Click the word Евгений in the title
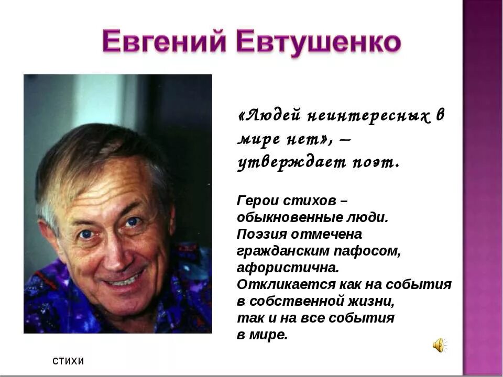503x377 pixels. click(x=163, y=42)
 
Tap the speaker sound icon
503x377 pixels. click(x=438, y=345)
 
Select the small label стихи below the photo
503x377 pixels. click(x=68, y=361)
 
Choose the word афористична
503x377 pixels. click(x=288, y=268)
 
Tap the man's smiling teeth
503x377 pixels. click(x=125, y=280)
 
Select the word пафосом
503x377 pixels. click(x=375, y=251)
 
